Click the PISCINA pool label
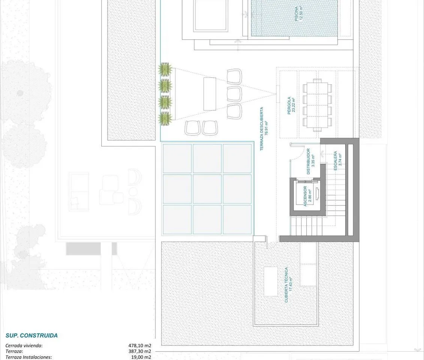point(297,14)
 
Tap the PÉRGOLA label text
point(289,105)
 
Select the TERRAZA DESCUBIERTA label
point(261,129)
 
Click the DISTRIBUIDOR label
point(308,161)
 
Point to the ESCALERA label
point(336,160)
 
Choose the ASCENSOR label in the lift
point(305,196)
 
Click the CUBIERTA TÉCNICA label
point(286,285)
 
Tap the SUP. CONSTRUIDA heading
point(31,335)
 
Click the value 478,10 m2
point(139,345)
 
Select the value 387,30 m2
point(139,351)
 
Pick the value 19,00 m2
point(141,357)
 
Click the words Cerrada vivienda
point(24,345)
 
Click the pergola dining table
point(318,105)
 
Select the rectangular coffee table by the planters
point(210,94)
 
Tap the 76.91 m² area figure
point(266,129)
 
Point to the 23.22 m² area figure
point(294,105)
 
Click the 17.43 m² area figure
point(291,285)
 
